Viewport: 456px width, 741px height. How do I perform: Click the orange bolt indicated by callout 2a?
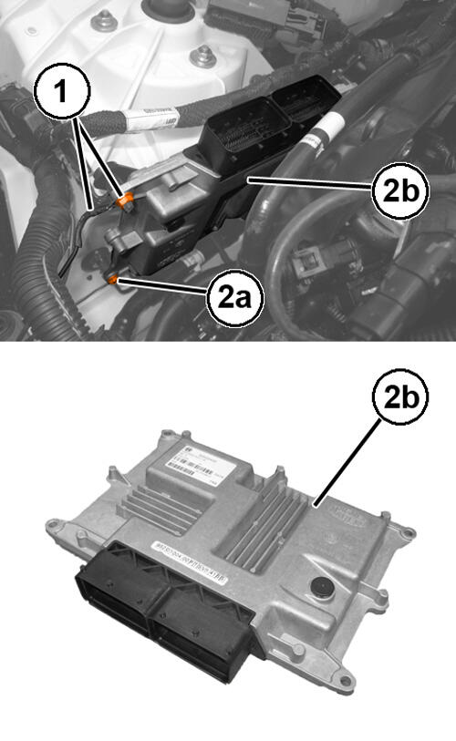114,279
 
